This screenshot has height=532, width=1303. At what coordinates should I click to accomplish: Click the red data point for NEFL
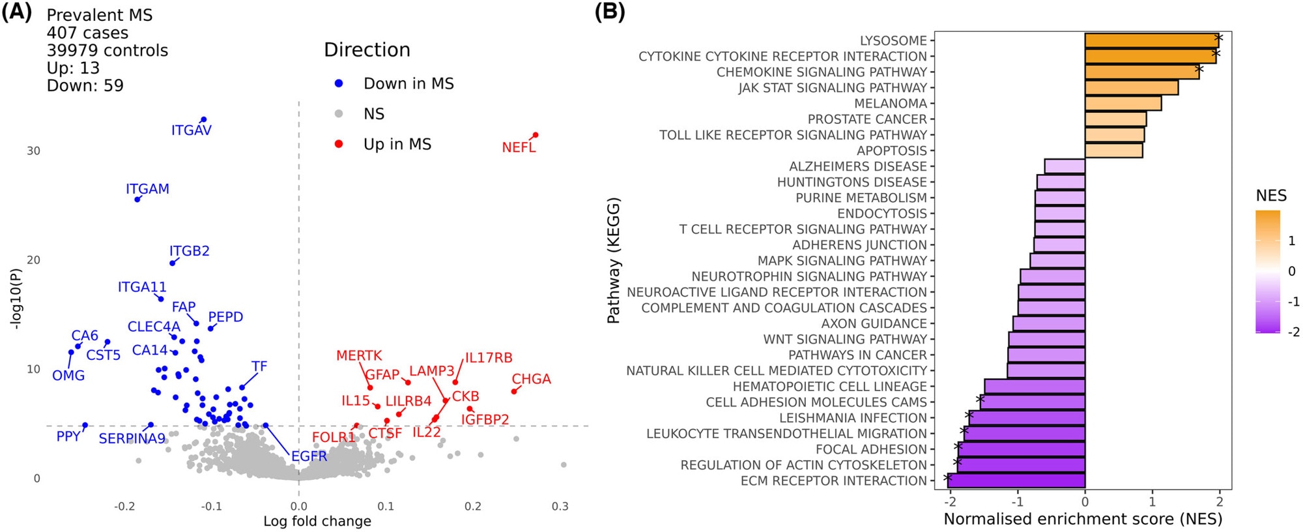click(x=536, y=136)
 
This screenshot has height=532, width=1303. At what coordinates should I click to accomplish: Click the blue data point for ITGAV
click(x=204, y=120)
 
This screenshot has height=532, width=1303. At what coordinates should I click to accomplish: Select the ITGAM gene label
click(x=147, y=189)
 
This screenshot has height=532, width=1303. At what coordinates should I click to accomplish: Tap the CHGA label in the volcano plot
click(x=531, y=379)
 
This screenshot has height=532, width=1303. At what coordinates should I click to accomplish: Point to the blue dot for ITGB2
click(x=173, y=263)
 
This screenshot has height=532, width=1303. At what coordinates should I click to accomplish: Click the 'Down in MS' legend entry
click(x=408, y=83)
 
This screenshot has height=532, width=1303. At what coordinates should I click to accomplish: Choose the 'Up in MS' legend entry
click(x=397, y=144)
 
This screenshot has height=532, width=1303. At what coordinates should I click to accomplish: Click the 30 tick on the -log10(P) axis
click(x=33, y=151)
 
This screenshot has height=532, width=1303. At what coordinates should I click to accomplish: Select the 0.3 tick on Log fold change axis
click(x=560, y=507)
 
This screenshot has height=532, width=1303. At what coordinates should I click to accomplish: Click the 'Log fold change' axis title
click(x=317, y=522)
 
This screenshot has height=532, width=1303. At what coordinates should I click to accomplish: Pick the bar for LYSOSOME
click(x=1151, y=40)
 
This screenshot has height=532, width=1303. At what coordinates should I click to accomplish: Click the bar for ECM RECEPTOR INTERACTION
click(x=1016, y=481)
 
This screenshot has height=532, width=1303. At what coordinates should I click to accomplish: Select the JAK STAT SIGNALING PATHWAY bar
click(x=1131, y=87)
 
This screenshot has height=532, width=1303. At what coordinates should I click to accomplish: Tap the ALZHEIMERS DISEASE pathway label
click(x=857, y=166)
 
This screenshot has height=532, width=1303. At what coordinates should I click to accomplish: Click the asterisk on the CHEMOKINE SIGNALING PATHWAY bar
click(x=1199, y=69)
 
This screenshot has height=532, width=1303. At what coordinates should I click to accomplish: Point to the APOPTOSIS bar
click(x=1113, y=151)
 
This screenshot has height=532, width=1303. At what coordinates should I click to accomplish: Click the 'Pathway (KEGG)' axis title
click(x=613, y=261)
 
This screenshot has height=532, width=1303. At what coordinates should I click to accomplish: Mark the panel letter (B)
click(x=610, y=13)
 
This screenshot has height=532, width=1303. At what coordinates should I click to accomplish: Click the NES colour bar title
click(x=1271, y=196)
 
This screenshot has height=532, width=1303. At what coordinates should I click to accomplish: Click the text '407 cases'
click(x=87, y=33)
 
